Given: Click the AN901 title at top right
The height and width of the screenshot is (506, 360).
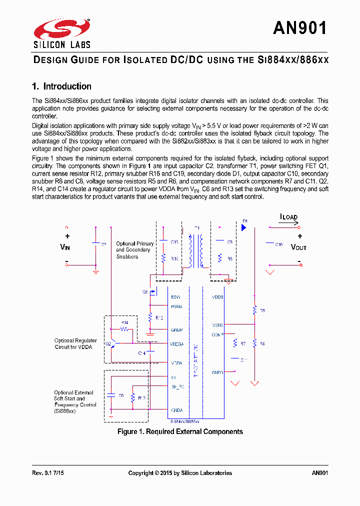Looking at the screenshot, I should point(300,28).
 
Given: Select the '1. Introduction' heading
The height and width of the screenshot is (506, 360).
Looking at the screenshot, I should point(61,86).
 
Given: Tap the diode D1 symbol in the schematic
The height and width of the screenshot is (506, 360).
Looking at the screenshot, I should point(244,227).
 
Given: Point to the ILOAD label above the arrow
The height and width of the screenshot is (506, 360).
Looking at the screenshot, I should point(288,217).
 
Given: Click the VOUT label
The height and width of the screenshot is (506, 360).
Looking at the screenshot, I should point(298,247).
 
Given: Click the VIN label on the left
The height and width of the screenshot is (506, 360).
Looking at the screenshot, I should point(65,247).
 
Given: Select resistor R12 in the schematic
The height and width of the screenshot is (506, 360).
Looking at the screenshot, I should point(150,317).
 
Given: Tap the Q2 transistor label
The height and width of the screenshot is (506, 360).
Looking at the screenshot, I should point(108,343).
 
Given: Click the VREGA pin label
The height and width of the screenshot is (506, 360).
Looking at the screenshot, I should point(177,344).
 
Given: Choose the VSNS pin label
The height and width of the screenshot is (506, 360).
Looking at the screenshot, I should point(217,325).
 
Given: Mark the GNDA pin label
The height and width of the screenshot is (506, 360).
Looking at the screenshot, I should point(177,410).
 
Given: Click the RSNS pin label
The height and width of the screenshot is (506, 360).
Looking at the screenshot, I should point(176,306).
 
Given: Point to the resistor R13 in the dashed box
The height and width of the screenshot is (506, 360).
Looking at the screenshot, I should point(133,398).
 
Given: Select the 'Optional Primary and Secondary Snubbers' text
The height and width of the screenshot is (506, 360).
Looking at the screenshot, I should point(134,250).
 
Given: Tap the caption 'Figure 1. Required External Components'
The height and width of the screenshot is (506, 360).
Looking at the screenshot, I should point(180,431).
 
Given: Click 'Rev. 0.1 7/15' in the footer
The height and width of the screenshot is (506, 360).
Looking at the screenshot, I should point(48,473).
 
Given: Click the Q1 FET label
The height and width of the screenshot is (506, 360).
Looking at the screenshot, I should point(145,291).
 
